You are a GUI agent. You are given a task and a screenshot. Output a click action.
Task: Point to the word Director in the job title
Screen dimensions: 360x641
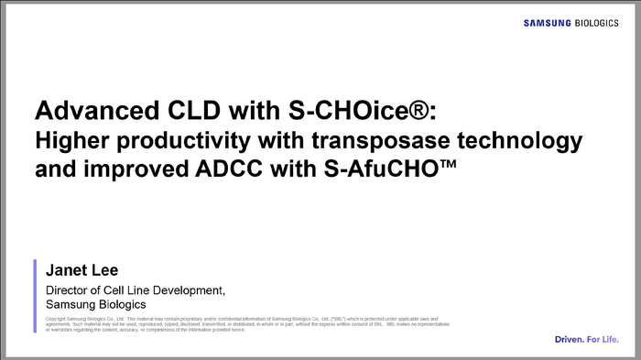pyautogui.click(x=71, y=290)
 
